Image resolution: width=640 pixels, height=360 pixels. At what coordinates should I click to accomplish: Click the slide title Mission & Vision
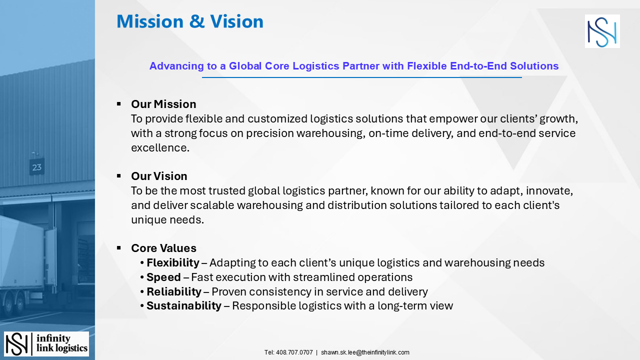point(190,21)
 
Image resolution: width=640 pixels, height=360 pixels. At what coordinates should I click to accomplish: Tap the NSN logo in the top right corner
point(602,31)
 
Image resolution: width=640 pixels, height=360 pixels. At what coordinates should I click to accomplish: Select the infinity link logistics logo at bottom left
point(46,343)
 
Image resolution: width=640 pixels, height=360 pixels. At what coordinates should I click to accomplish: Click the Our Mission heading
point(163,104)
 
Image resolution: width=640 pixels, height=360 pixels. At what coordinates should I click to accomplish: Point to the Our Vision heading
point(159,176)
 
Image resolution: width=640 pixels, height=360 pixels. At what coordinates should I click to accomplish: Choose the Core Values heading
point(163,248)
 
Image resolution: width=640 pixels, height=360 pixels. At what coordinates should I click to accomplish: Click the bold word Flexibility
point(172,262)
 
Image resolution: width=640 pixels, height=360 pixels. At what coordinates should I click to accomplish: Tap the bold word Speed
point(163,277)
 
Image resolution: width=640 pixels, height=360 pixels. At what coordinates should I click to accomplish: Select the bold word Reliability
point(173,291)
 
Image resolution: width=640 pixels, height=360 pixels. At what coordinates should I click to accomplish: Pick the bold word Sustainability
point(183,305)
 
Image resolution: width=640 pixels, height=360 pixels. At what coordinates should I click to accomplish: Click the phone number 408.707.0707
point(294,352)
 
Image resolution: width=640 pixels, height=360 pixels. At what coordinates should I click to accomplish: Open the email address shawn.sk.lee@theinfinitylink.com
point(365,352)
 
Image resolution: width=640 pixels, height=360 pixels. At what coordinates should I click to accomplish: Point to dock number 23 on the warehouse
point(37,167)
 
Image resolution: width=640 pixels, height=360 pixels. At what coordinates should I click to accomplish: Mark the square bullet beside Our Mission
point(119,104)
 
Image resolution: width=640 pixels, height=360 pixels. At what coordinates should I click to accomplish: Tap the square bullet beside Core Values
point(119,248)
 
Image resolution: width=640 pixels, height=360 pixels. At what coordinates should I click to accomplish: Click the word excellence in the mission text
point(159,147)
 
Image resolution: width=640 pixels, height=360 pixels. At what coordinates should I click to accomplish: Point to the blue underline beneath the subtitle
point(361,77)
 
